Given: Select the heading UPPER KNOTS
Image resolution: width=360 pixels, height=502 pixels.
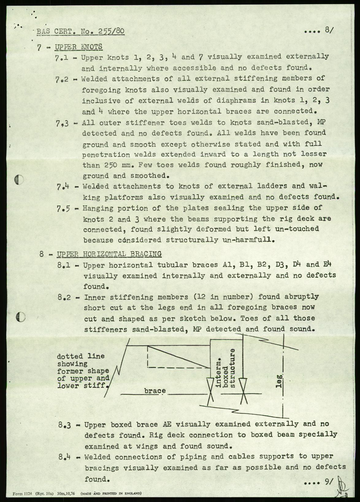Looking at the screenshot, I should (x=78, y=47).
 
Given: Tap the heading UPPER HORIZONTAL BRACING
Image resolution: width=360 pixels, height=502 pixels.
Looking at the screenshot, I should (x=109, y=254).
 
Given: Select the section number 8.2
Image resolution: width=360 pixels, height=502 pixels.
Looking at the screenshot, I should (x=64, y=297).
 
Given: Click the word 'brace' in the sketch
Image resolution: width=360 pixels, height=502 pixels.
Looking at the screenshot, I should (x=155, y=391).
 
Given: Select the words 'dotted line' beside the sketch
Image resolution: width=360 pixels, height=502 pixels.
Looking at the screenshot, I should (x=81, y=357).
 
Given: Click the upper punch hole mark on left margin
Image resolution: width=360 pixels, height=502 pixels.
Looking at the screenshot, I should (x=19, y=180).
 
